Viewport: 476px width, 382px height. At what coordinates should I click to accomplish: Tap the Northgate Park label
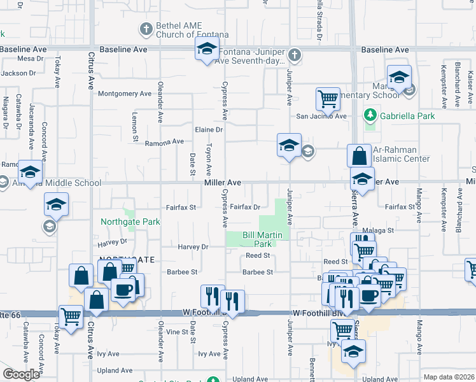[130, 222]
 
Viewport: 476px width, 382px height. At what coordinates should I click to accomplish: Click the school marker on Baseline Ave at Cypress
[207, 49]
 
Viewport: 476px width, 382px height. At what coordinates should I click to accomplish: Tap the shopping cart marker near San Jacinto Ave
[327, 99]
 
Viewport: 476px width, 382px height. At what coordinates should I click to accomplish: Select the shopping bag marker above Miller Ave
[359, 155]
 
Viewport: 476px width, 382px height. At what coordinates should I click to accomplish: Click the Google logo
[21, 374]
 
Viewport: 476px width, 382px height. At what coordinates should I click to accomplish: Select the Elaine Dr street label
[209, 130]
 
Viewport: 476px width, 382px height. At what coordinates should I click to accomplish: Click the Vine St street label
[177, 332]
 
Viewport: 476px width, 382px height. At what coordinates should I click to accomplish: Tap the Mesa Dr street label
[30, 59]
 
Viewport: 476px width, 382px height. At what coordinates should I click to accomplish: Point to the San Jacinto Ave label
[321, 117]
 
